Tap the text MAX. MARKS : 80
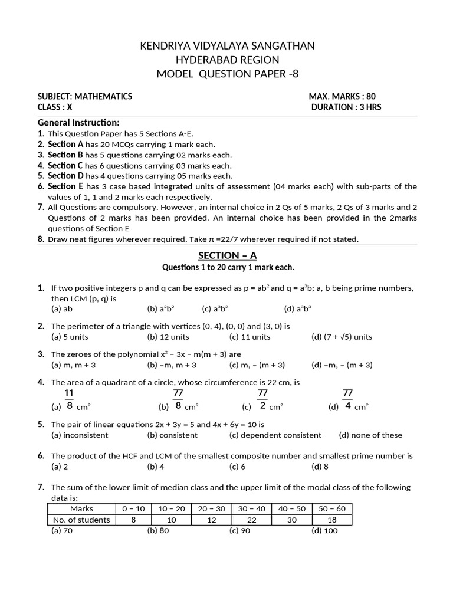pyautogui.click(x=342, y=96)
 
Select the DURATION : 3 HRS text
pyautogui.click(x=346, y=107)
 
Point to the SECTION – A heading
pyautogui.click(x=228, y=255)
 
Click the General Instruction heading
pyautogui.click(x=78, y=123)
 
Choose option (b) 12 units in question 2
pyautogui.click(x=168, y=337)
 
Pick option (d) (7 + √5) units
pyautogui.click(x=342, y=337)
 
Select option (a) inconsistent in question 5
pyautogui.click(x=80, y=435)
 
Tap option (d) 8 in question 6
pyautogui.click(x=320, y=466)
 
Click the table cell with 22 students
pyautogui.click(x=251, y=520)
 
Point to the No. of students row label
pyautogui.click(x=81, y=520)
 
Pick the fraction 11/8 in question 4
pyautogui.click(x=70, y=399)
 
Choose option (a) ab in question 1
pyautogui.click(x=62, y=308)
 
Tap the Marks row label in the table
pyautogui.click(x=81, y=508)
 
